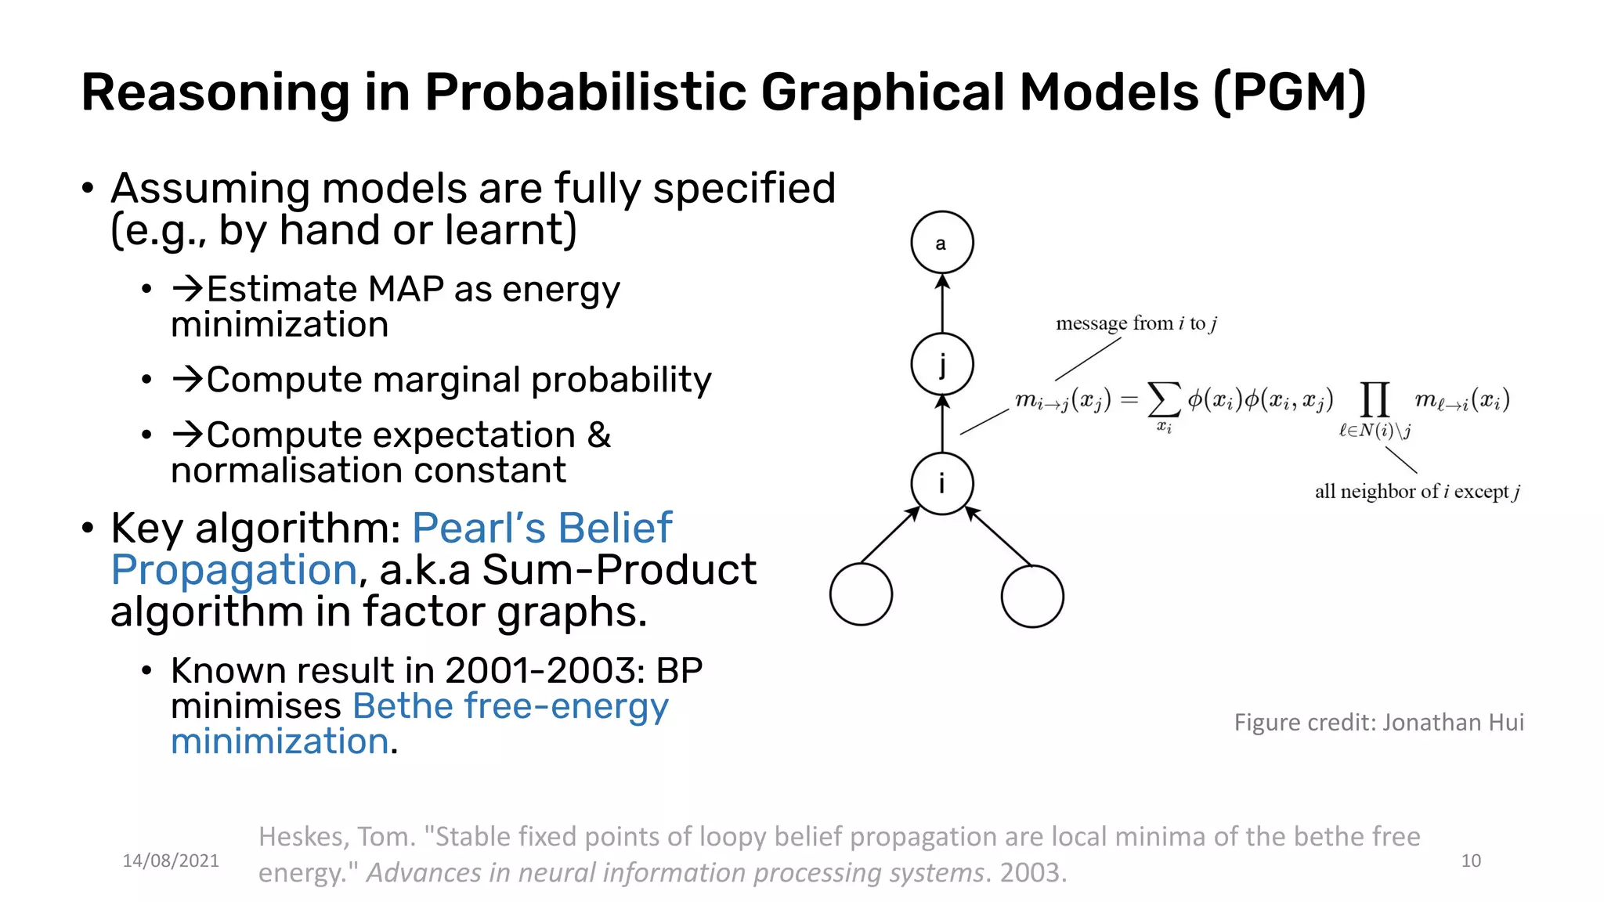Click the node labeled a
click(941, 243)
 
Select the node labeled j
click(941, 364)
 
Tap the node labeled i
click(941, 484)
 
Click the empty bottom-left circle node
click(861, 594)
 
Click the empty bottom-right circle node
click(1031, 596)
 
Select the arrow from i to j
click(942, 424)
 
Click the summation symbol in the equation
click(1163, 400)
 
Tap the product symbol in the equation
click(1375, 400)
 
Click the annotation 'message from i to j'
click(1136, 323)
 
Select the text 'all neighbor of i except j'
click(1417, 492)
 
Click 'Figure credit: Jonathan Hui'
click(1378, 722)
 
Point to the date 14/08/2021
click(171, 861)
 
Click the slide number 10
click(1471, 861)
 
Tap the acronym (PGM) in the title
click(1289, 92)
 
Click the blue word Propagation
click(234, 570)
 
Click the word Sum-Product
click(619, 570)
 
